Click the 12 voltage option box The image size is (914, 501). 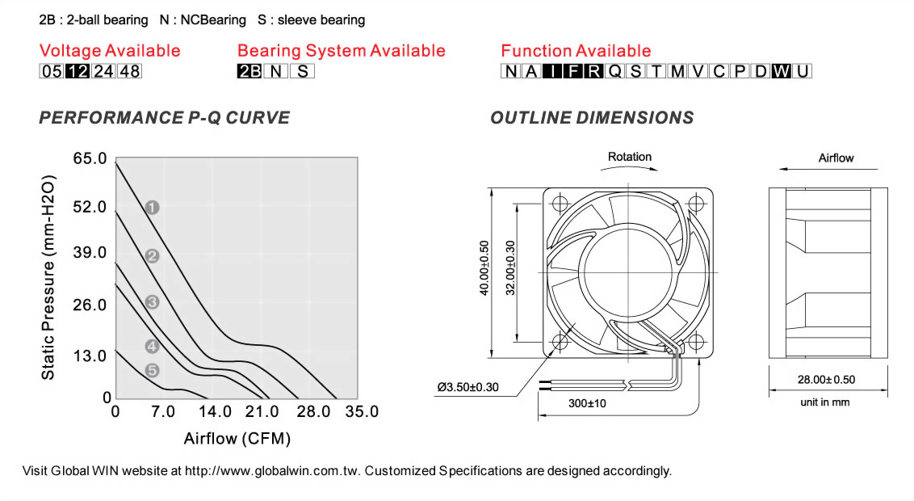[77, 71]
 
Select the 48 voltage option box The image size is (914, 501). [129, 71]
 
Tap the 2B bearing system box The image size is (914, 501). [249, 71]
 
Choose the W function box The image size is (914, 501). [782, 71]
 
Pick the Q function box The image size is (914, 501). [615, 71]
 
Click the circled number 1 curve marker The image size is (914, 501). [152, 208]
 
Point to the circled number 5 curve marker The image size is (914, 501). [152, 370]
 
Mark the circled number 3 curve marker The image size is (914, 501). [152, 302]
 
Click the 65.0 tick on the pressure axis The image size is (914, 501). [90, 158]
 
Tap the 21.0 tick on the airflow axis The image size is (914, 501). [262, 412]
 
